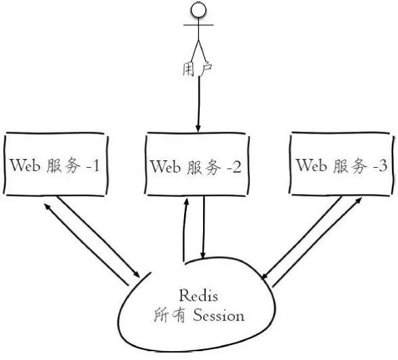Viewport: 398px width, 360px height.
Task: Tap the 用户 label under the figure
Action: tap(197, 69)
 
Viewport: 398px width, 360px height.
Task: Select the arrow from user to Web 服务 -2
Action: tap(198, 104)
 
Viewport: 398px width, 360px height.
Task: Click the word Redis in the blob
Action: tap(198, 295)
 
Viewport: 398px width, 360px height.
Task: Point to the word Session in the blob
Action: tap(219, 316)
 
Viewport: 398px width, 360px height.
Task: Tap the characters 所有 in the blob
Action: tap(170, 315)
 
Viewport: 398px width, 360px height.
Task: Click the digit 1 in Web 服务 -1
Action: tap(96, 166)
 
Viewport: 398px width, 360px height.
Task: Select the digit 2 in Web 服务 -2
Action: tap(236, 167)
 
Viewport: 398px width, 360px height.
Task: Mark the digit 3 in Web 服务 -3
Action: tap(382, 166)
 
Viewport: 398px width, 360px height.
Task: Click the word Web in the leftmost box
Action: tap(25, 165)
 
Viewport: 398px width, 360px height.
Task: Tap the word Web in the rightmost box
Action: tap(312, 165)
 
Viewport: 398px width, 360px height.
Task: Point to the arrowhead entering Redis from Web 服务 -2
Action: tap(202, 255)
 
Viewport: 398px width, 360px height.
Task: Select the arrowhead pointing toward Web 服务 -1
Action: tap(48, 206)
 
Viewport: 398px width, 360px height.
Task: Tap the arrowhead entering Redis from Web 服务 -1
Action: tap(137, 274)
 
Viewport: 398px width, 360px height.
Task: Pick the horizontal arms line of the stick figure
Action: tap(198, 25)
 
